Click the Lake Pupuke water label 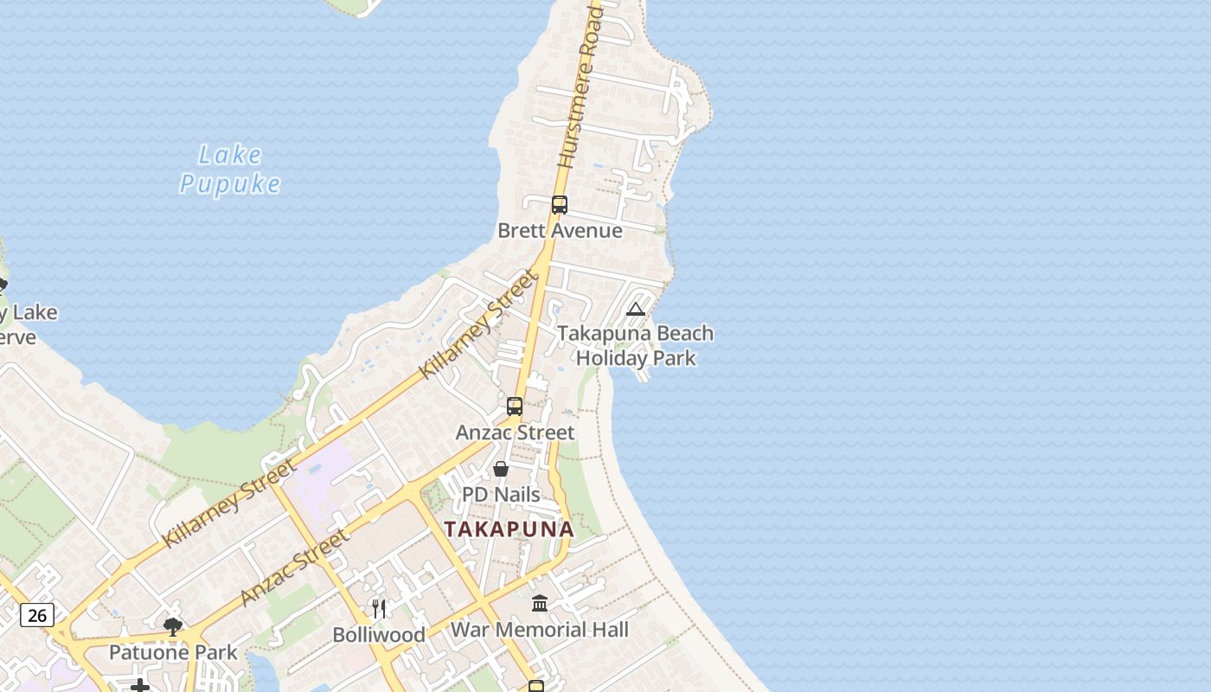pyautogui.click(x=230, y=170)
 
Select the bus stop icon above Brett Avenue pyautogui.click(x=560, y=205)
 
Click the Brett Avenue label pyautogui.click(x=560, y=231)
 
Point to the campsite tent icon pyautogui.click(x=636, y=310)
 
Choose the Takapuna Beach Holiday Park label pyautogui.click(x=636, y=345)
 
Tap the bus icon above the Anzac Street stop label pyautogui.click(x=515, y=407)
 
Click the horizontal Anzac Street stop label pyautogui.click(x=515, y=432)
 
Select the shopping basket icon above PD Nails pyautogui.click(x=501, y=469)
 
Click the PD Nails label pyautogui.click(x=501, y=495)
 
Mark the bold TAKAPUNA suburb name pyautogui.click(x=509, y=529)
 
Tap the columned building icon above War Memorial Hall pyautogui.click(x=540, y=603)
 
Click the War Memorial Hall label pyautogui.click(x=540, y=630)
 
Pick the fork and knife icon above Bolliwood pyautogui.click(x=378, y=608)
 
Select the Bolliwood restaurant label pyautogui.click(x=379, y=635)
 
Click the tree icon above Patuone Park pyautogui.click(x=173, y=626)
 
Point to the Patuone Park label pyautogui.click(x=173, y=652)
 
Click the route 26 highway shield pyautogui.click(x=37, y=615)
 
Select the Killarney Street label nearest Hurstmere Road pyautogui.click(x=478, y=324)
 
